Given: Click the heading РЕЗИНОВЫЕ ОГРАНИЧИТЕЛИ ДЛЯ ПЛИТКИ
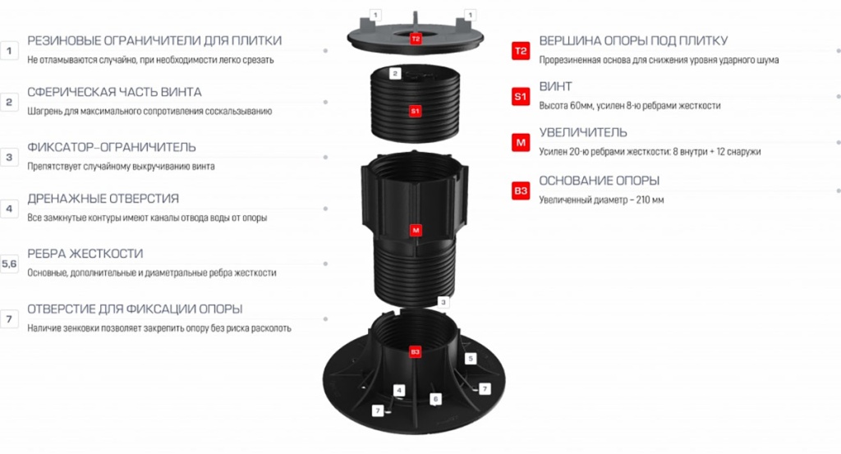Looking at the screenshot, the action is [154, 41].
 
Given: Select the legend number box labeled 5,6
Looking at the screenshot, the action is [9, 264].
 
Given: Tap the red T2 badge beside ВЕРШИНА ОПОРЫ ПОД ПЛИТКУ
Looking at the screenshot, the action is [520, 51].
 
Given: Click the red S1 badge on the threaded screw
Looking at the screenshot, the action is [415, 111].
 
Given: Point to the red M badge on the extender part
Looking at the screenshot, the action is [415, 231].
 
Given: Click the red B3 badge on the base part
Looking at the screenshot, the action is [415, 352].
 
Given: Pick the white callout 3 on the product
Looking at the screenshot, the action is [443, 302].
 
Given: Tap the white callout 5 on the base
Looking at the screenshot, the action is [471, 359].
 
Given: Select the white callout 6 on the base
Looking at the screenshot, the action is [435, 399].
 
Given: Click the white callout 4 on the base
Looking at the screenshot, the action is [398, 390].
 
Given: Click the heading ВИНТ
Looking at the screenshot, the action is [556, 86].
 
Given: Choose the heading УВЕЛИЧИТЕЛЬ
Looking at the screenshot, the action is [583, 132].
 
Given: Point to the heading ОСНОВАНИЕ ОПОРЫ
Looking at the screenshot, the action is [599, 181].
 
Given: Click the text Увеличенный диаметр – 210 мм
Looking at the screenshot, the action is [601, 200].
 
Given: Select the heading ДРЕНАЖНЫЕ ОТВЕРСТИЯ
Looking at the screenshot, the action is [103, 199].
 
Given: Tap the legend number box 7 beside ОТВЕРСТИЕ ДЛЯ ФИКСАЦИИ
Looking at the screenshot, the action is [9, 319].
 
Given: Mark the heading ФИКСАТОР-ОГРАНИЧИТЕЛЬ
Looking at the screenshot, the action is [112, 148].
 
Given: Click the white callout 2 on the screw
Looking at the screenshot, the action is [395, 73].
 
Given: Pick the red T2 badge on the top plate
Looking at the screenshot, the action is [415, 39].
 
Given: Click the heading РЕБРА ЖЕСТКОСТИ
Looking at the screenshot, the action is [85, 254].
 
